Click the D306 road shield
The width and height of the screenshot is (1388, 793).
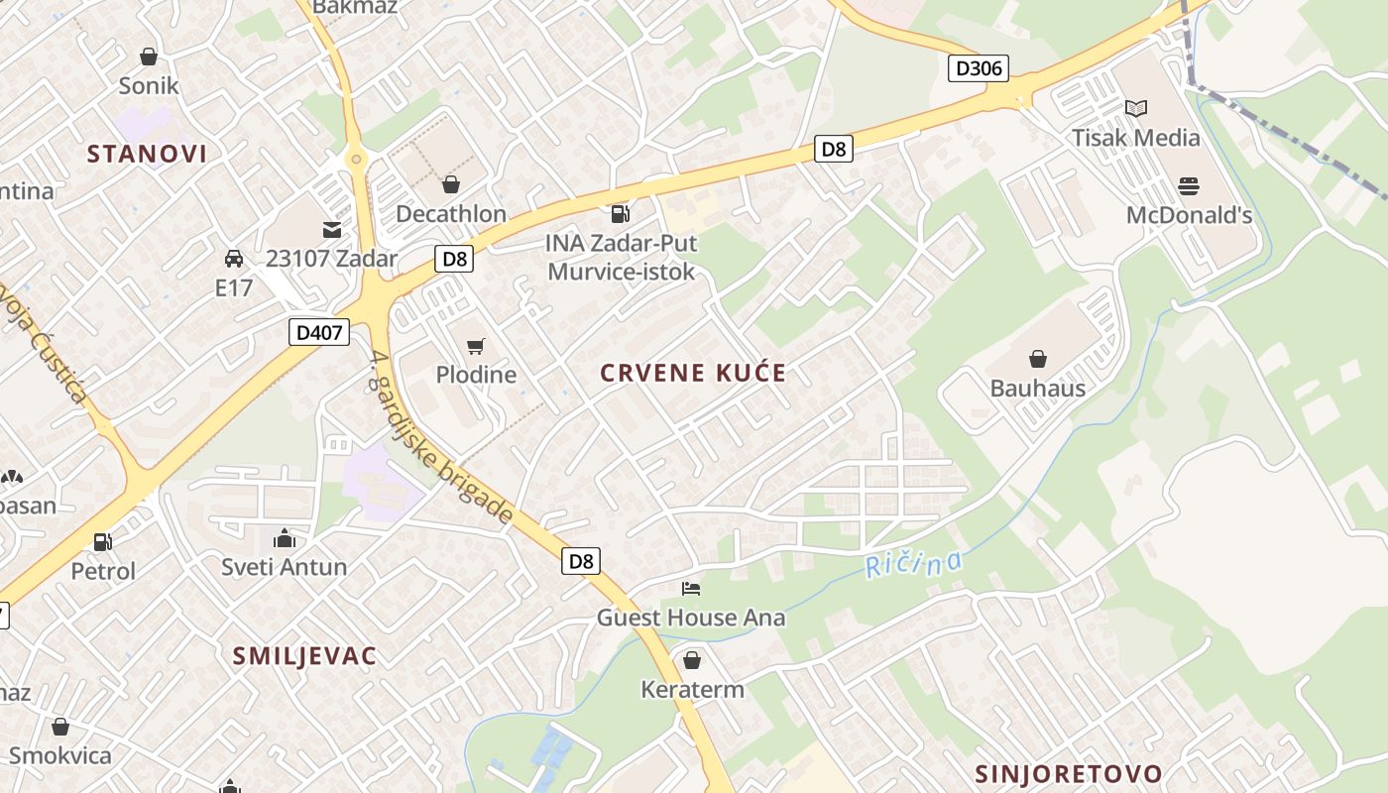[x=979, y=68]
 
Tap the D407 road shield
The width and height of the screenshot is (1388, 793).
[x=319, y=332]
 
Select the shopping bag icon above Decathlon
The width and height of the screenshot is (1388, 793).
[x=451, y=184]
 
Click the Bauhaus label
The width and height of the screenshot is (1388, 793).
[x=1038, y=388]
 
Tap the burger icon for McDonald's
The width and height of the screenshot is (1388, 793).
[x=1189, y=185]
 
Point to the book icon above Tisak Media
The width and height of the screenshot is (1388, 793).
[x=1136, y=108]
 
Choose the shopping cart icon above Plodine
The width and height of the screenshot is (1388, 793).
[x=476, y=346]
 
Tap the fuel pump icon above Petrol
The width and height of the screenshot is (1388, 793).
[x=102, y=542]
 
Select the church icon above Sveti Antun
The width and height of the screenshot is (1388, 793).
[x=285, y=539]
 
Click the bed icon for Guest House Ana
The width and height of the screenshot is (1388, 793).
[x=691, y=589]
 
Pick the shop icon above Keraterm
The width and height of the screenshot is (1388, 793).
[x=692, y=660]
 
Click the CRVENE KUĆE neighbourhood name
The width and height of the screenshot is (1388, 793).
[x=693, y=374]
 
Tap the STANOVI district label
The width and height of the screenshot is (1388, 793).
[x=147, y=154]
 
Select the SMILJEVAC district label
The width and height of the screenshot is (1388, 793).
[x=304, y=655]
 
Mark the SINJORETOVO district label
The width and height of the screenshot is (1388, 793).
[x=1068, y=773]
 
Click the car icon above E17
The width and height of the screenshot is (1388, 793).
[x=234, y=259]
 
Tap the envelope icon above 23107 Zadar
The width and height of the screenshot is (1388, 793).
[x=331, y=230]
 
